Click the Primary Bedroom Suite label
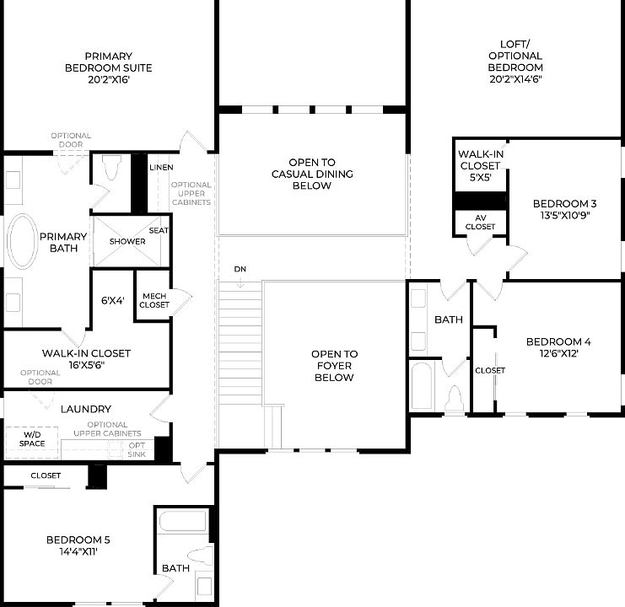[107, 67]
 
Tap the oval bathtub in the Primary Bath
[22, 242]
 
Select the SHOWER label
[127, 242]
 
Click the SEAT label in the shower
[158, 230]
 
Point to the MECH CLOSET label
[154, 300]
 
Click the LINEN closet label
[161, 168]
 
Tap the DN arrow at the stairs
[240, 278]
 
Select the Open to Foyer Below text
[333, 366]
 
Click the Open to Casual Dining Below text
[312, 174]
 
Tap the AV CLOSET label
[480, 222]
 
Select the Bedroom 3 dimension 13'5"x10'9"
[564, 216]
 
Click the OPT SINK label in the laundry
[136, 449]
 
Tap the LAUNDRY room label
[86, 409]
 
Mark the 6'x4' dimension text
[112, 300]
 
